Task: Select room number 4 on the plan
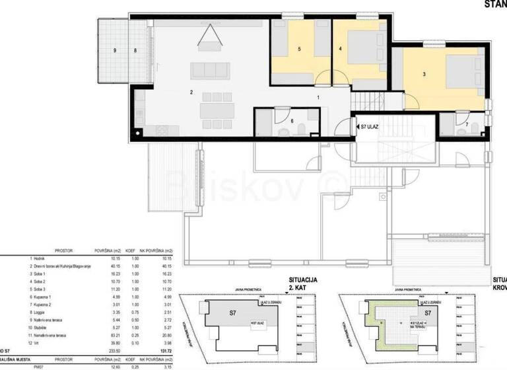(341, 49)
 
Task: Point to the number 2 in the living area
(191, 92)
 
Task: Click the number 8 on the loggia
(135, 50)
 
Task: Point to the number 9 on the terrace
(115, 50)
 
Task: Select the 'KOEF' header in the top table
(131, 251)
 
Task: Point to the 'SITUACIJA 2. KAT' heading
(303, 284)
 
